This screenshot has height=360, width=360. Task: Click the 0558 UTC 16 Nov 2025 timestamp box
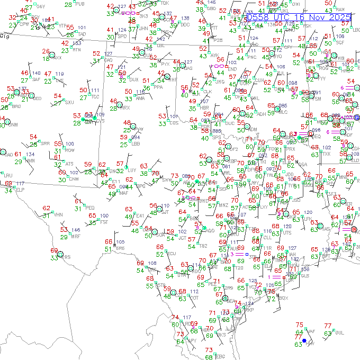pos(299,17)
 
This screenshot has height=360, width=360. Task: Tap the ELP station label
pos(20,189)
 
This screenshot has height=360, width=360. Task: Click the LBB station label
pos(136,143)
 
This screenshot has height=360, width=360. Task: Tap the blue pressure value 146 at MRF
pos(76,230)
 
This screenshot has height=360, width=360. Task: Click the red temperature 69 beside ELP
pos(8,183)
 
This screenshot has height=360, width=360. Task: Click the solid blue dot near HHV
pos(304,347)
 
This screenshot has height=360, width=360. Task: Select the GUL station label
pos(339,332)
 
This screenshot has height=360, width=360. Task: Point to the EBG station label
pos(220,356)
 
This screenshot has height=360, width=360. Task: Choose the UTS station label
pos(287,232)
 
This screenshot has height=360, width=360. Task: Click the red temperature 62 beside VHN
pos(47,209)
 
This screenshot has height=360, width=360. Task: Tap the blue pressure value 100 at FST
pos(104,215)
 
